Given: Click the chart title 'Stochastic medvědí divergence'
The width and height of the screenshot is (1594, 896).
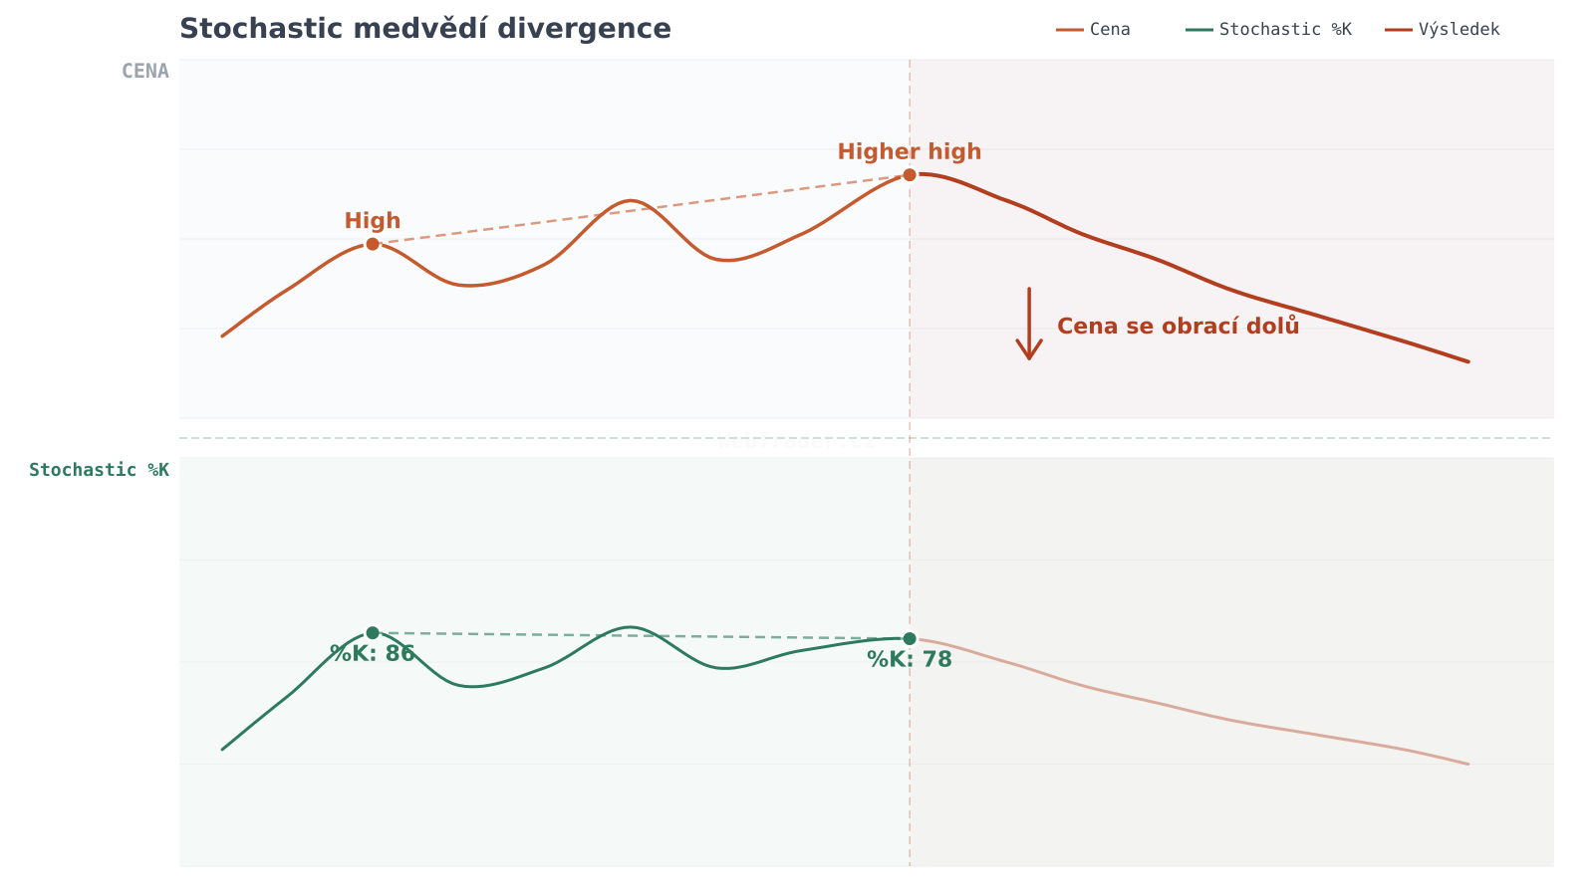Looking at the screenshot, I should click(425, 29).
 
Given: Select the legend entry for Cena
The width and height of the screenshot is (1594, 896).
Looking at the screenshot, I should click(1094, 30).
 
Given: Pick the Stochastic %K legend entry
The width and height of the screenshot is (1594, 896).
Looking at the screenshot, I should click(1269, 30).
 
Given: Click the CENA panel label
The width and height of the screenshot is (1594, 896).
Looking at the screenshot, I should click(145, 72).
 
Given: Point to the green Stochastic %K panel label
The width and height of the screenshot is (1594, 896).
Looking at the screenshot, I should click(100, 470).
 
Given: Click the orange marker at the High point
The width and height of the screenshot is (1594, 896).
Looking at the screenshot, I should click(373, 244).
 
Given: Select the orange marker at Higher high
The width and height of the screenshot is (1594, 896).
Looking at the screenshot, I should click(910, 175).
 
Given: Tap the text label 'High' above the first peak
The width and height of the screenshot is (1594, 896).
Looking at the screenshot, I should click(373, 221).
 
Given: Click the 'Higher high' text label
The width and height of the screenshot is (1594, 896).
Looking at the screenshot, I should click(910, 152).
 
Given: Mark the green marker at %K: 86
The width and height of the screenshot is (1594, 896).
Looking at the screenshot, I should click(373, 632).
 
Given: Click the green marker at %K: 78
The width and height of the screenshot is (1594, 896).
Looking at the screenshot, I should click(910, 638).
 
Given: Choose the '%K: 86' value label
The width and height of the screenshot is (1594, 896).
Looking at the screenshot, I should click(373, 654).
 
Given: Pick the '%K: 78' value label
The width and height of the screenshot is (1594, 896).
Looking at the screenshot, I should click(910, 660).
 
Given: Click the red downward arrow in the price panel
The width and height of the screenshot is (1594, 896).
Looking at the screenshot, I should click(1029, 325).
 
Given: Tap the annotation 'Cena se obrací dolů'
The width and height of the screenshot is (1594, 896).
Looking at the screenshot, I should click(1178, 327).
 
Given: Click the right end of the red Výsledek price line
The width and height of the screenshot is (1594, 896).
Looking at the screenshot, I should click(1467, 361).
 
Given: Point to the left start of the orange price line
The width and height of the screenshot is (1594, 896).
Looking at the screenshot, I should click(222, 336).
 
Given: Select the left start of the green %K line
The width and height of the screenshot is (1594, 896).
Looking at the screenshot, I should click(222, 749).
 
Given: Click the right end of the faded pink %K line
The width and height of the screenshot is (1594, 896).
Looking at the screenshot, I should click(1467, 764).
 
